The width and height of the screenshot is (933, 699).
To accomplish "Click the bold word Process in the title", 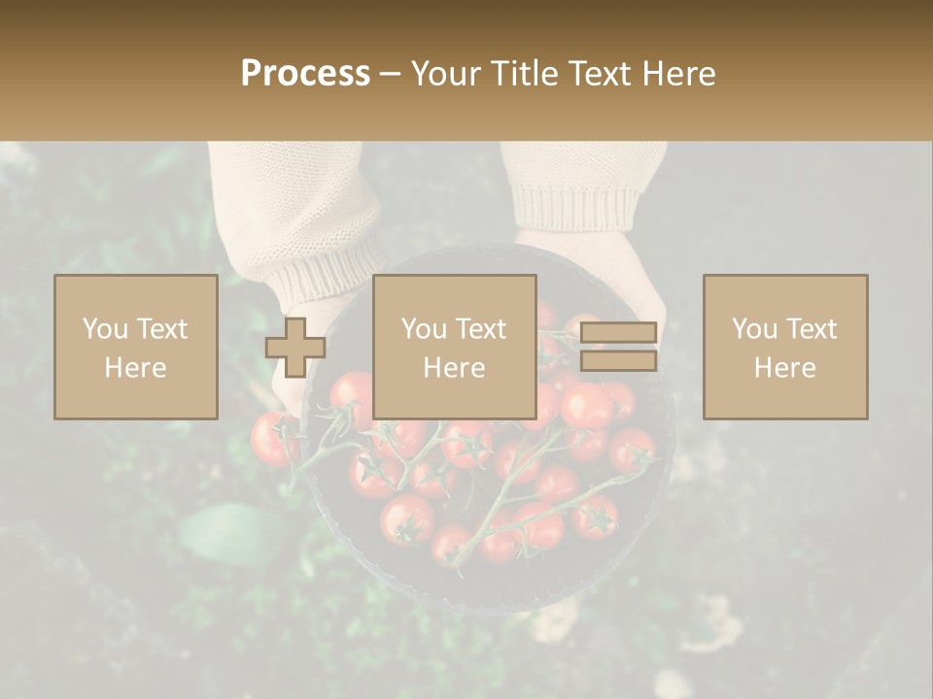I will (x=305, y=74).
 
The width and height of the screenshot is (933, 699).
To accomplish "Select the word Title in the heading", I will (x=522, y=74).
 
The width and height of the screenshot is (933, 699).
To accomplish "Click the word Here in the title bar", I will (x=681, y=74).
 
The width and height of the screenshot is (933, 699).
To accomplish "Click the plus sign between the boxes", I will (x=295, y=348).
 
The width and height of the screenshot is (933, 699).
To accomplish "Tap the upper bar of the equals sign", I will (x=618, y=333).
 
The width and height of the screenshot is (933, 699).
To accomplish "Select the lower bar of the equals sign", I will (x=618, y=361).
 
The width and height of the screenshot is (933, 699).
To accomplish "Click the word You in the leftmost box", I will (x=104, y=329).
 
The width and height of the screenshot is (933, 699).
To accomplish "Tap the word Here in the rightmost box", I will (x=784, y=368).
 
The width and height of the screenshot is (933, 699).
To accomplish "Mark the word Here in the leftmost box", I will (x=135, y=368).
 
